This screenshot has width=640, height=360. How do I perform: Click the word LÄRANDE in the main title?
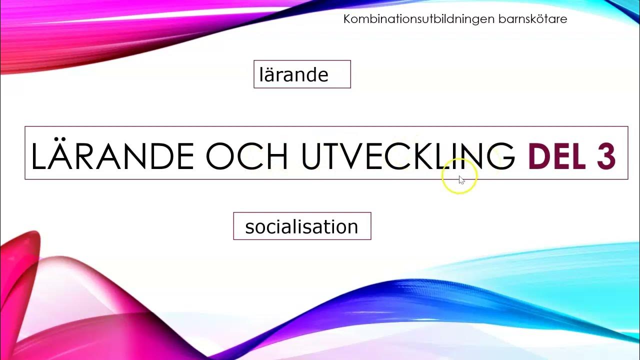pos(112,156)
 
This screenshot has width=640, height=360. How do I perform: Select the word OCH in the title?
pos(247,156)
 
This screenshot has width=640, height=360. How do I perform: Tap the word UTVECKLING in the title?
pos(407,156)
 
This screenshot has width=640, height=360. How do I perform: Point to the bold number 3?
pos(606,156)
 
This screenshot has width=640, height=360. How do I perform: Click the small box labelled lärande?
pos(302,74)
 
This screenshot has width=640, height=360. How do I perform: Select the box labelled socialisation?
pos(302,226)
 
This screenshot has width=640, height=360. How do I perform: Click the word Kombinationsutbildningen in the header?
pos(419,19)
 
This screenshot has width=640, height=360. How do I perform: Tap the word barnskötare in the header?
pos(533,19)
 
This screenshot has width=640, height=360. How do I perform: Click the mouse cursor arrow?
pos(461,180)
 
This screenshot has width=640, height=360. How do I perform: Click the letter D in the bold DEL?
pos(539,156)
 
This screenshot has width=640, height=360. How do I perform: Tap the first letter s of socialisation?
pos(249,227)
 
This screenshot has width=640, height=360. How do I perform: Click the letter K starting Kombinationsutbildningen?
pos(347,19)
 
